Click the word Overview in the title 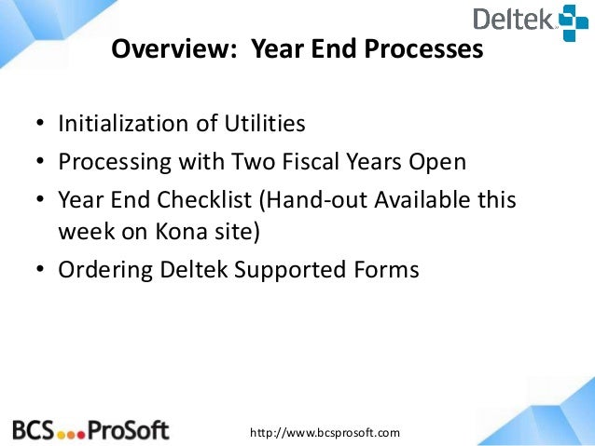coord(166,49)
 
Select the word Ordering coord(102,270)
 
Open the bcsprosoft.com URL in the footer coord(325,432)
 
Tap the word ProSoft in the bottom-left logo coord(129,429)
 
